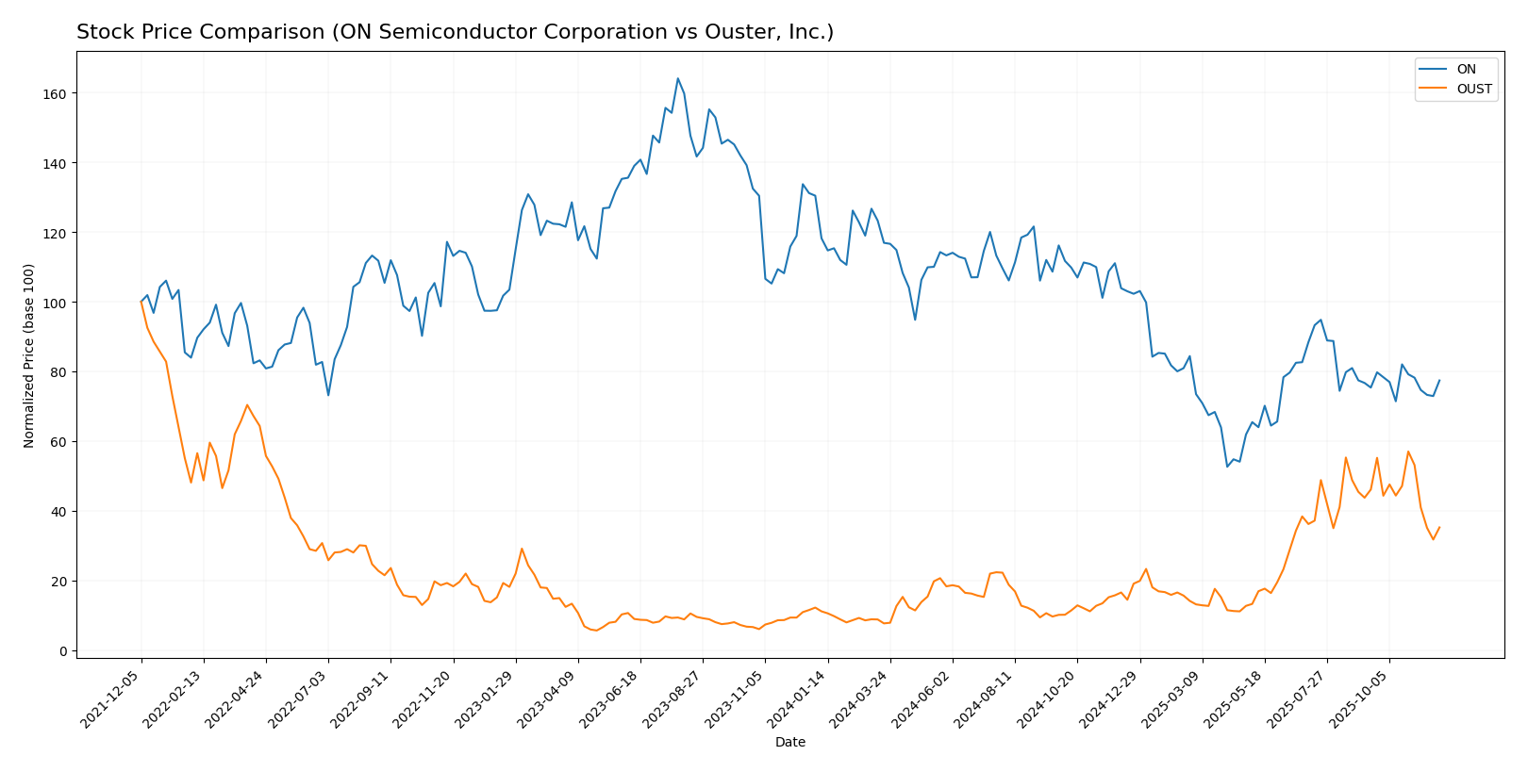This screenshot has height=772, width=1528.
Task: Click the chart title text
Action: coord(455,32)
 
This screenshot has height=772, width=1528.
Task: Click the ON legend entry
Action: coord(1466,69)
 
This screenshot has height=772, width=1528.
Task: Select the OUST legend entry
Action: coord(1473,90)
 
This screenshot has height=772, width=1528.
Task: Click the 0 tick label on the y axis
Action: coord(63,651)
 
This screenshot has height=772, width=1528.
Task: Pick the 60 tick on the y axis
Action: coord(58,442)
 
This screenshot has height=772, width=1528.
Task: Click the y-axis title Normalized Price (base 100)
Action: coord(29,355)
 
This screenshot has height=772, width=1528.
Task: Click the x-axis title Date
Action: coord(789,743)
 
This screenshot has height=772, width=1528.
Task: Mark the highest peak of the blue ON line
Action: coord(677,78)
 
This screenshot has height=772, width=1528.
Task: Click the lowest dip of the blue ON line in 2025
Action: coord(1227,467)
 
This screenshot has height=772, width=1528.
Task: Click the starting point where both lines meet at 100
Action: coord(141,302)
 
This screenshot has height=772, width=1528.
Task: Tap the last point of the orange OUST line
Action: coord(1439,527)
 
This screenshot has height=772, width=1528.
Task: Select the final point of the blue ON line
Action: coord(1439,381)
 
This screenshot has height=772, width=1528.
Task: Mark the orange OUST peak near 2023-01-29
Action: coord(522,549)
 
